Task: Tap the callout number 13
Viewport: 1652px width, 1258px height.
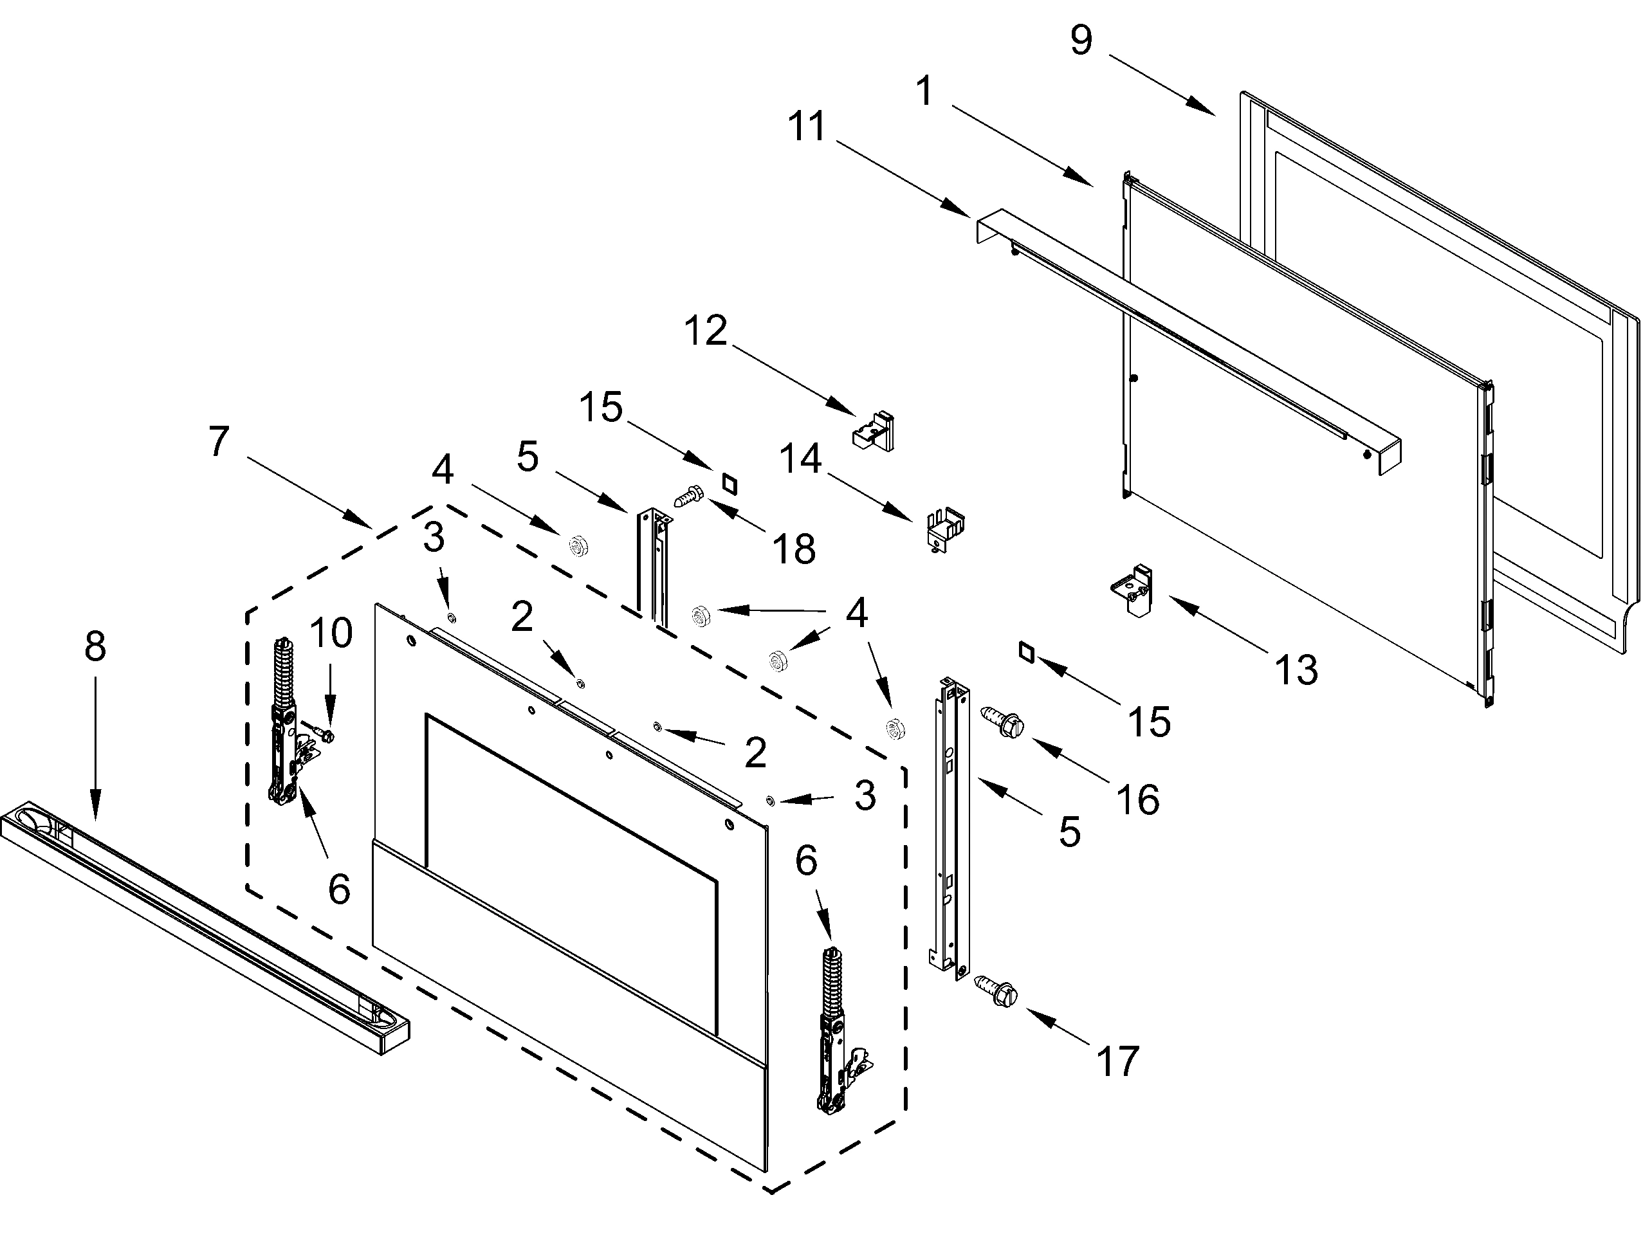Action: point(1296,669)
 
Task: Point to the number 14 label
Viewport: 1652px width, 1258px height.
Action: point(800,459)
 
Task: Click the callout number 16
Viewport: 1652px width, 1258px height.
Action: point(1137,799)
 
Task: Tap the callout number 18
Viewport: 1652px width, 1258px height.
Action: point(794,549)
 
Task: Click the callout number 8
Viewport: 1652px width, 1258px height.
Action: point(95,646)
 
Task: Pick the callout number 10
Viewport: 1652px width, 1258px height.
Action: point(331,633)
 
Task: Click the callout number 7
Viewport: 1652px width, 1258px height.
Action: point(218,441)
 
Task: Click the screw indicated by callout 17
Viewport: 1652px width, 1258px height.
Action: point(995,990)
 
